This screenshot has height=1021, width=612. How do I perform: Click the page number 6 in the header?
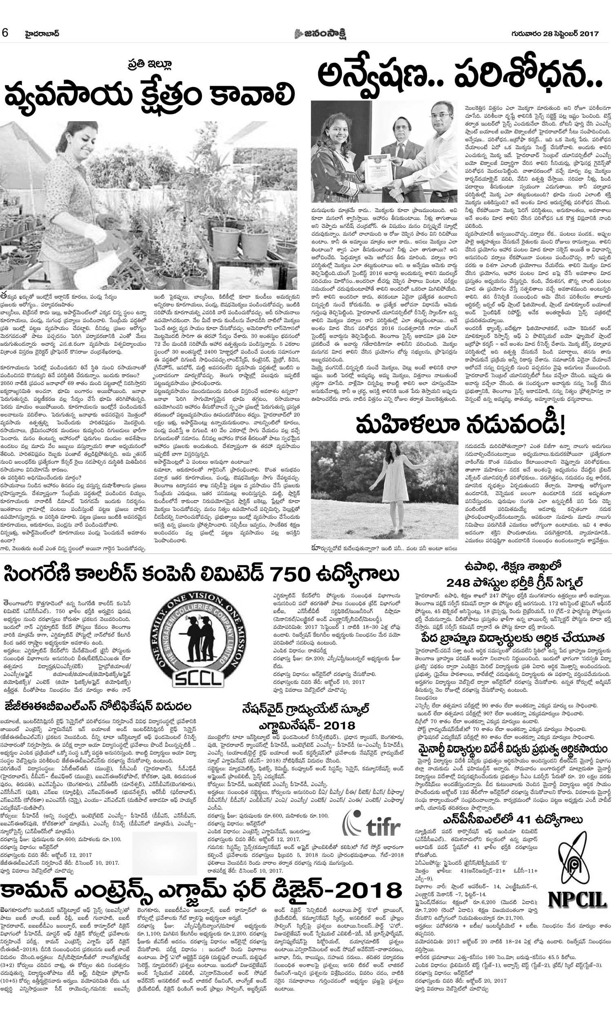coord(5,33)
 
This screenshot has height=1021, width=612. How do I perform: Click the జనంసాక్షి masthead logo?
coord(320,33)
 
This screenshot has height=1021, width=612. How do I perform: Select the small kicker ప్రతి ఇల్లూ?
coord(149,65)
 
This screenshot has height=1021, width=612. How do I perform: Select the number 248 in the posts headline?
coord(458,583)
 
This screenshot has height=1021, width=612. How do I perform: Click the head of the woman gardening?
coord(77,139)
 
